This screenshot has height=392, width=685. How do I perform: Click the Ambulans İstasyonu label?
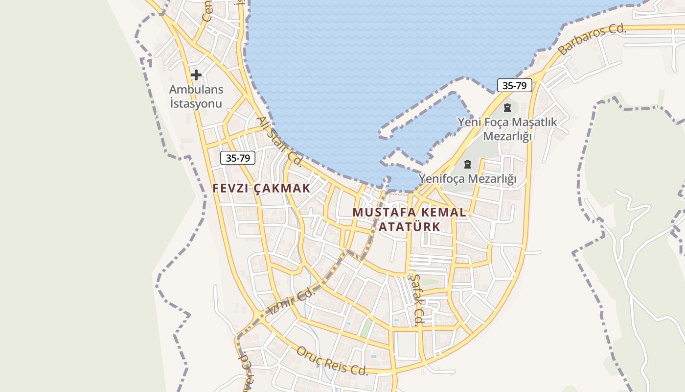[x=196, y=97]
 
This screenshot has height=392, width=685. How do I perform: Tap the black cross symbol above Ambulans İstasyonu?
[x=196, y=75]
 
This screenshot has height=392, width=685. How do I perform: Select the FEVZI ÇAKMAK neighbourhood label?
[x=261, y=188]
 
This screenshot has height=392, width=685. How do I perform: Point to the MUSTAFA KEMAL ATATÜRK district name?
[x=409, y=220]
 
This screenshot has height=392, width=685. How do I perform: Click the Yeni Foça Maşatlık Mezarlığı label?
[x=507, y=129]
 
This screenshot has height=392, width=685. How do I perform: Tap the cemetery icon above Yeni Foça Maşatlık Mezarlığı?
[x=507, y=108]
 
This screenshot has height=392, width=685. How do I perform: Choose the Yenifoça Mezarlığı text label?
[x=467, y=179]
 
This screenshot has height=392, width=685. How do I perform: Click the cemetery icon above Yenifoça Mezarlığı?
[x=468, y=164]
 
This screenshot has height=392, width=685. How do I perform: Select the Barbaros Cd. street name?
[x=592, y=39]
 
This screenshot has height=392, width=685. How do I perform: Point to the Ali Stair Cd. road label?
[x=280, y=141]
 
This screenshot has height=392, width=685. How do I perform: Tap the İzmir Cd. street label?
[x=290, y=302]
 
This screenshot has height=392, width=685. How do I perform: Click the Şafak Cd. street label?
[x=415, y=299]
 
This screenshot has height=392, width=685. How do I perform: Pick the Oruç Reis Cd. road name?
[x=332, y=361]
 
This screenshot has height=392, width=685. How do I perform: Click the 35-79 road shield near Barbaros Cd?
[x=514, y=85]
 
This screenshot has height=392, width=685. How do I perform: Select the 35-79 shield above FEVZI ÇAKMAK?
[x=238, y=158]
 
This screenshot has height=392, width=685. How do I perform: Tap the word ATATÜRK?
[x=409, y=227]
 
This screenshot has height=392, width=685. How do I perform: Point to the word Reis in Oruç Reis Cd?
[x=336, y=362]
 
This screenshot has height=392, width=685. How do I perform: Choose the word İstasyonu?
[x=196, y=103]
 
